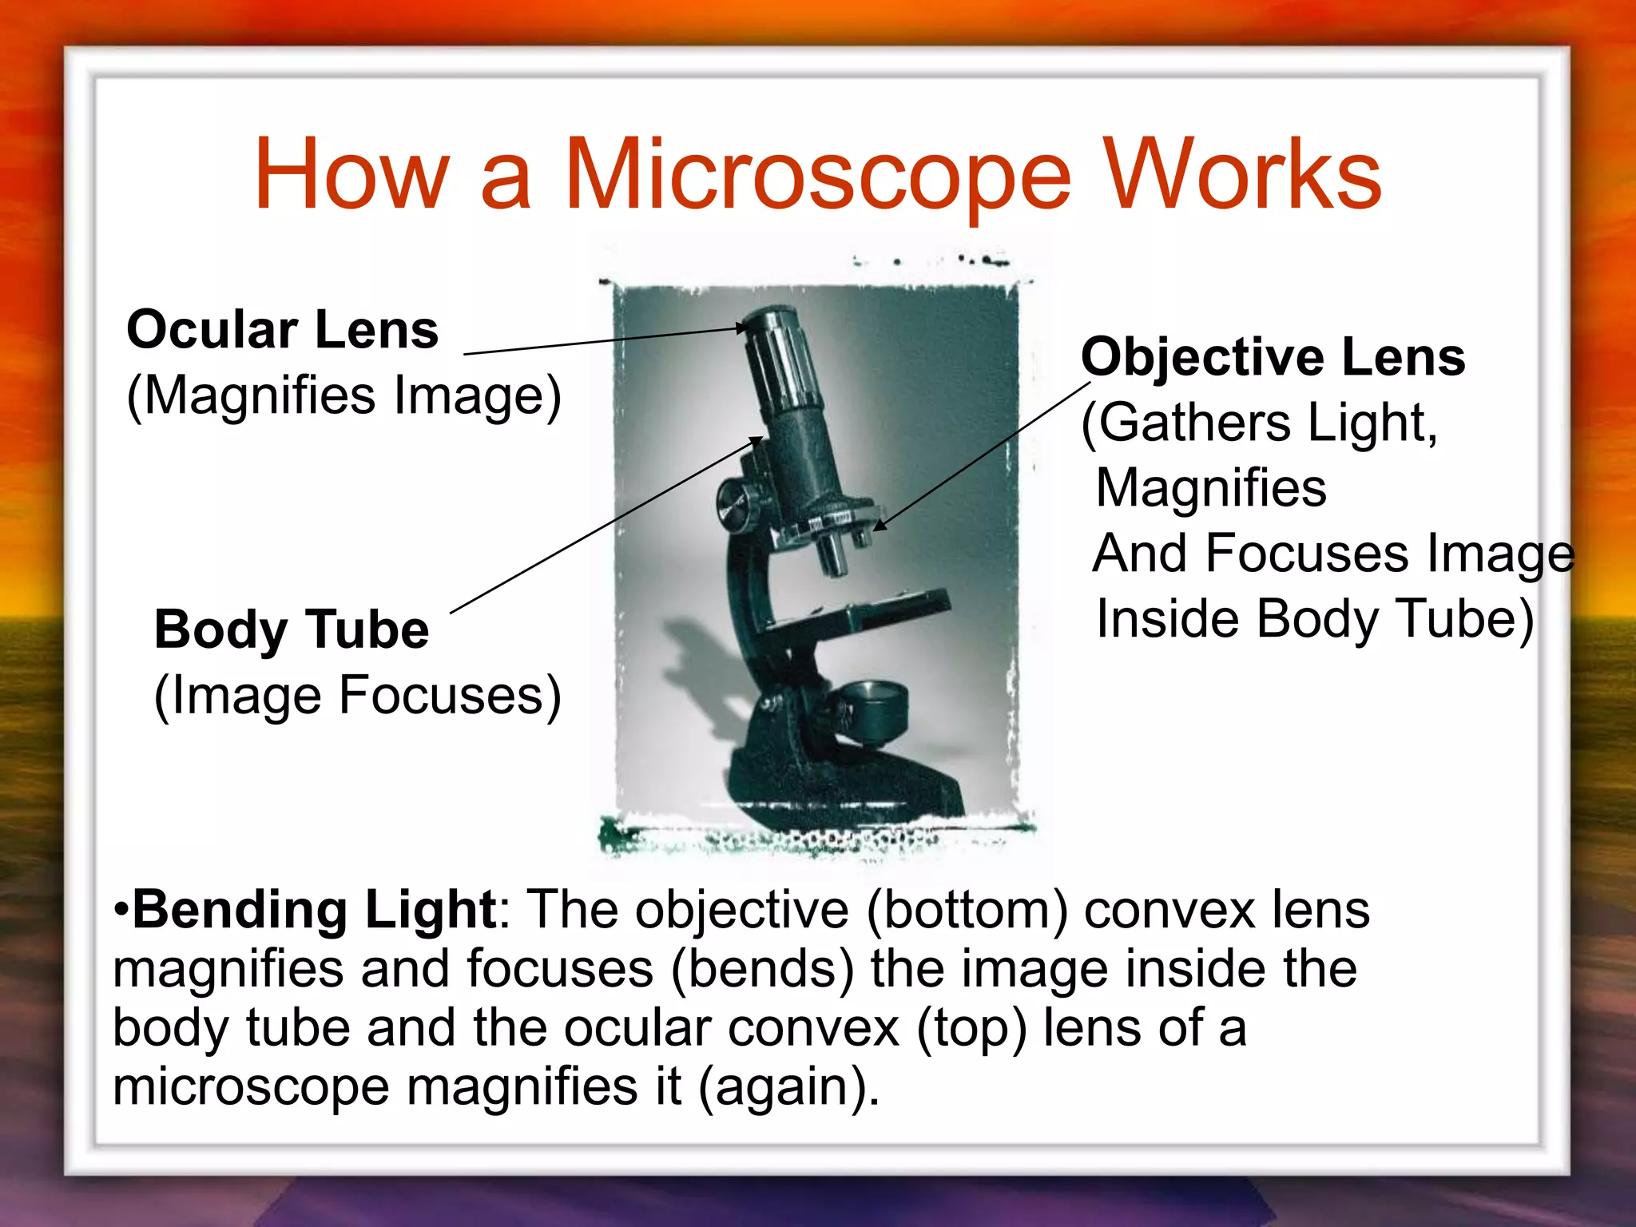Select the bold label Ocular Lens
283,330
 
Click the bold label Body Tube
292,629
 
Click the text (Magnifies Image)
344,396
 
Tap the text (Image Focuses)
358,696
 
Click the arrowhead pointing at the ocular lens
741,328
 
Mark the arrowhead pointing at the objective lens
879,525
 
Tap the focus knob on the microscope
736,505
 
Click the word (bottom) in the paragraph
967,911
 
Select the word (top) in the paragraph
971,1029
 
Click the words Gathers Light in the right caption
1266,423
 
